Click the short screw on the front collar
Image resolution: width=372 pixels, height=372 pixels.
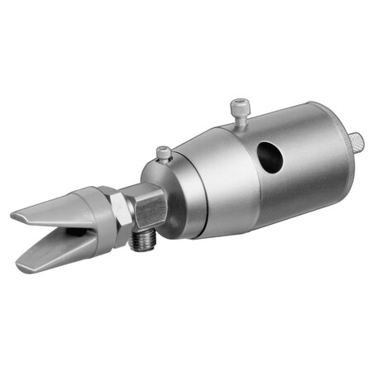pyautogui.click(x=164, y=153)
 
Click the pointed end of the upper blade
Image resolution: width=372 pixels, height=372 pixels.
pyautogui.click(x=15, y=217)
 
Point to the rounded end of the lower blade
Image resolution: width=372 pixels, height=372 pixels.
pyautogui.click(x=21, y=266)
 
